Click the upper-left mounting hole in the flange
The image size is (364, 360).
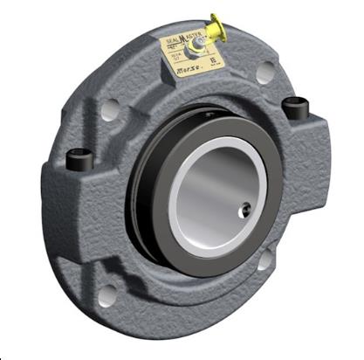110,112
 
